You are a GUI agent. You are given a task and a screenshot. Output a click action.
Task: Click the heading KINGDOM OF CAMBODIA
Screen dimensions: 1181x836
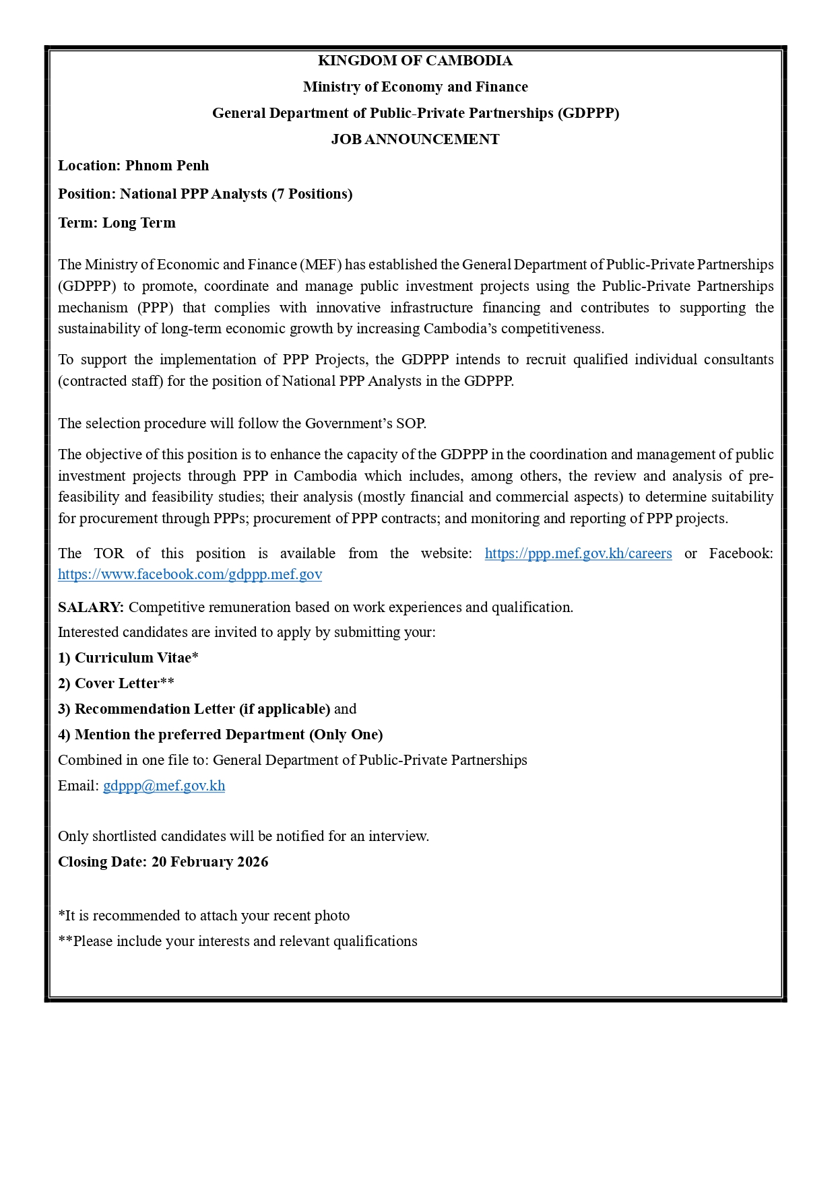coord(415,61)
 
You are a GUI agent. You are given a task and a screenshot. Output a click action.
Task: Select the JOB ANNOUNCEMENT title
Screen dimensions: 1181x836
coord(415,139)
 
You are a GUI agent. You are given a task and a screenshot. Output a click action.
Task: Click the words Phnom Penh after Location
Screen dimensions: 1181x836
coord(167,166)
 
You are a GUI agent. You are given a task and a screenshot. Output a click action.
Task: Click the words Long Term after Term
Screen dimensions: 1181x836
coord(139,223)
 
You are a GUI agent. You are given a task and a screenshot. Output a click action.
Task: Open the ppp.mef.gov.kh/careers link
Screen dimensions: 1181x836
coord(578,553)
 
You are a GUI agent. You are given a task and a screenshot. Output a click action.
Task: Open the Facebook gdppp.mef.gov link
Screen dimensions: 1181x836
coord(190,574)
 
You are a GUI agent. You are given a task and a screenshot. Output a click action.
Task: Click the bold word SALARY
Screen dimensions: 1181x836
coord(90,607)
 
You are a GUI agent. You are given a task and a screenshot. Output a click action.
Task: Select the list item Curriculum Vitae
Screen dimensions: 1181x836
coord(133,658)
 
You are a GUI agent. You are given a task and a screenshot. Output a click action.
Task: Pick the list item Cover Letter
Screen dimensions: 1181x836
coord(117,683)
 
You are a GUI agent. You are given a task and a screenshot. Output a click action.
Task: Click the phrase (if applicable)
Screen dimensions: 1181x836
coord(284,709)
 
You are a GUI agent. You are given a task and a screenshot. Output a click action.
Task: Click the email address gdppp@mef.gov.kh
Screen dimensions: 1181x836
coord(164,786)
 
